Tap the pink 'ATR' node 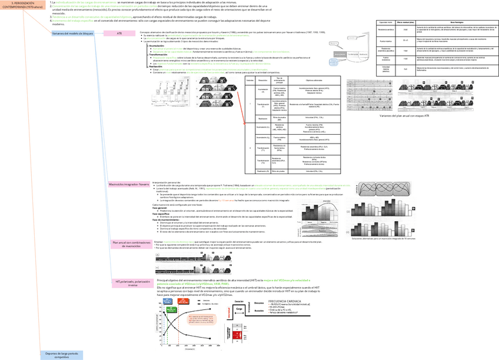point(119,34)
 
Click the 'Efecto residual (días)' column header point(404,22)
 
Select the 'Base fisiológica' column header point(456,22)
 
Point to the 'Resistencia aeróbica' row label point(385,29)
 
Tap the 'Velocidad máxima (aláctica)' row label point(385,69)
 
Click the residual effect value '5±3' point(404,69)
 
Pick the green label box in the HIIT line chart point(170,308)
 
